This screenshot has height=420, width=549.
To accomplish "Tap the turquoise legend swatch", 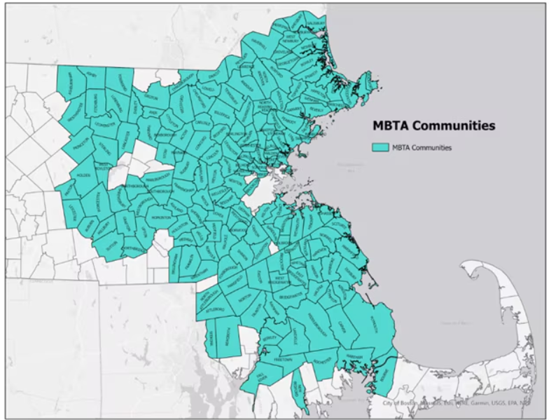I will click(380, 147).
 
